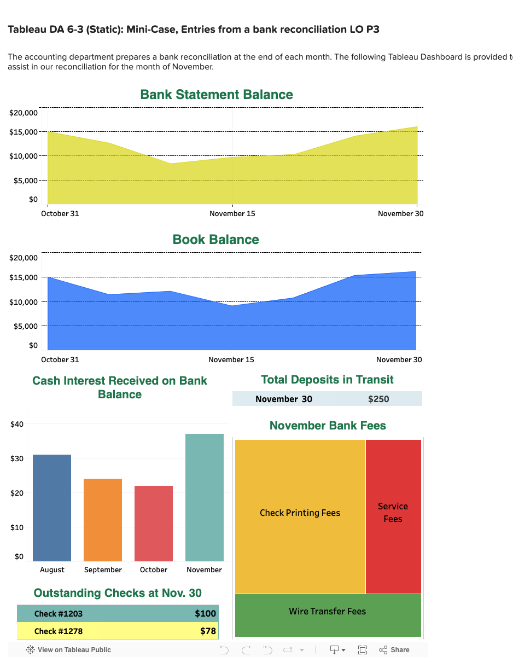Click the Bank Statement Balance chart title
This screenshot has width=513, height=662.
[217, 95]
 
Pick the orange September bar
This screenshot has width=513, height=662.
[103, 519]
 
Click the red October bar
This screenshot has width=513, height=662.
[154, 523]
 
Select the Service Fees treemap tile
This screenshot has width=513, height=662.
[393, 513]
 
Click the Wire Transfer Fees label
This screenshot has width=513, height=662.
[327, 611]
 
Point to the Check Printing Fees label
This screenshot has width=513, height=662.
[300, 513]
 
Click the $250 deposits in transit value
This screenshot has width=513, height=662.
[378, 399]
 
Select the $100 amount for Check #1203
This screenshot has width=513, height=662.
[206, 613]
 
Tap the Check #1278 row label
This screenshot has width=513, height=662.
[59, 631]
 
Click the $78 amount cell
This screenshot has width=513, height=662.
[208, 631]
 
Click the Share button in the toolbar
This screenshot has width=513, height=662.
[394, 649]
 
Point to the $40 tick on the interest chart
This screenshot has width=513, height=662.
[18, 423]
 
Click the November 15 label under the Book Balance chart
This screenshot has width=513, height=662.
[231, 359]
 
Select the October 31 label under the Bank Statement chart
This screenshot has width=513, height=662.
[60, 213]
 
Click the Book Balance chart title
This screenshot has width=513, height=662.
[215, 240]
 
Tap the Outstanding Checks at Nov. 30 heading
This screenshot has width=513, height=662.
[118, 593]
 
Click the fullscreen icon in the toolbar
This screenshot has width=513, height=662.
[362, 649]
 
